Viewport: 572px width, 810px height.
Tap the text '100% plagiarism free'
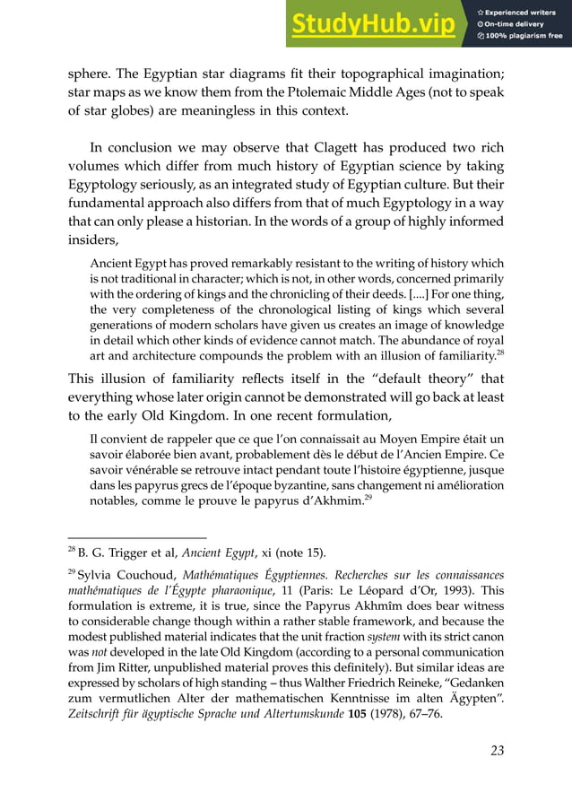[525, 37]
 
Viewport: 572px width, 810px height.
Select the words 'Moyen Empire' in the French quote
[379, 440]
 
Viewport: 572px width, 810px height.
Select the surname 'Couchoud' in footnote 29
[154, 573]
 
